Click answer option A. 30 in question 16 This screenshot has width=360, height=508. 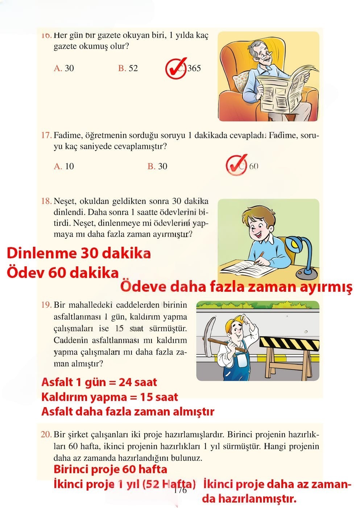coord(64,68)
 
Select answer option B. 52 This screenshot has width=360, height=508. coord(128,68)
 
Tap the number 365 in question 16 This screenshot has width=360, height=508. coord(194,68)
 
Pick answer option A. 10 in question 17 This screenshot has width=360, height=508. coord(64,166)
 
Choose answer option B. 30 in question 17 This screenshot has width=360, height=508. coord(157,166)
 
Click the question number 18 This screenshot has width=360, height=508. coord(46,201)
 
